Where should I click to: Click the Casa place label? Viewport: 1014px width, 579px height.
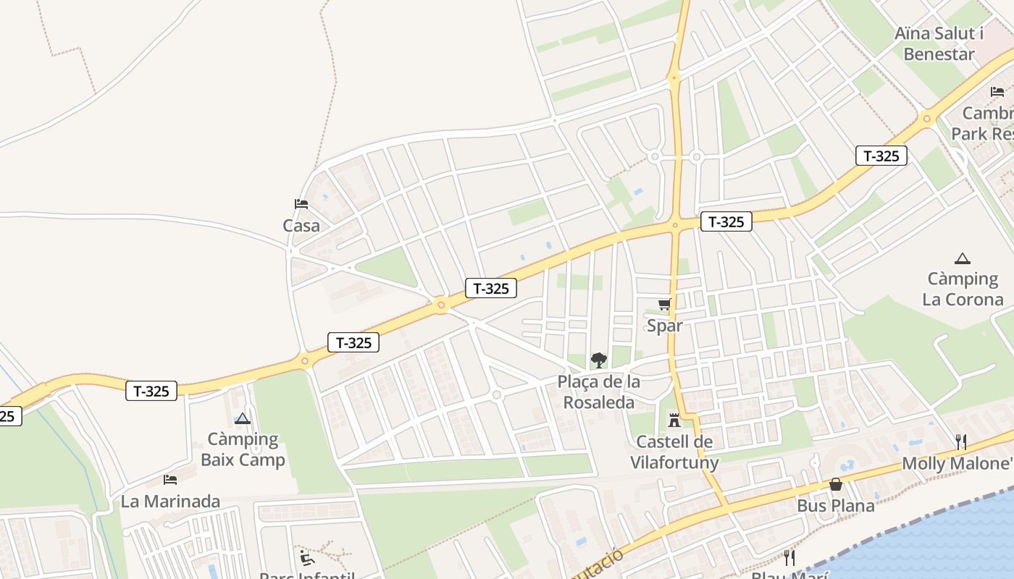(301, 226)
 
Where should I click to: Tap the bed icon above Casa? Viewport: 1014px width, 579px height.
(301, 204)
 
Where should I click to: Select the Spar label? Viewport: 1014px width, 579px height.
(664, 326)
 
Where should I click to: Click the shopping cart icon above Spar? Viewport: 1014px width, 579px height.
(664, 304)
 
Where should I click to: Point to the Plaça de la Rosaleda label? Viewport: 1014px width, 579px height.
(599, 392)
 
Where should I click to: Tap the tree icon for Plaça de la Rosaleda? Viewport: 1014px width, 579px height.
(598, 360)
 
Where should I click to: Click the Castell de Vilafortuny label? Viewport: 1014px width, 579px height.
(674, 452)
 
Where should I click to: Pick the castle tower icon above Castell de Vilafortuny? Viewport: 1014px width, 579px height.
(674, 419)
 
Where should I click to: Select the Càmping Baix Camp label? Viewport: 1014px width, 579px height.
(243, 449)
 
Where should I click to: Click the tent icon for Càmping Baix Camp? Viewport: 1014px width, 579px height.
(243, 418)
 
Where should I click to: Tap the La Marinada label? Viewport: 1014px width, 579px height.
(170, 501)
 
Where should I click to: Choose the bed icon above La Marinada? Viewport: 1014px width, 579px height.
(170, 479)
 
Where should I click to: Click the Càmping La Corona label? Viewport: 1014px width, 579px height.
(963, 289)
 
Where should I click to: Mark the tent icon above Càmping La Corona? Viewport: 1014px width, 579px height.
(963, 258)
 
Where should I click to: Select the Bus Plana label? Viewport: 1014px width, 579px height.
(836, 505)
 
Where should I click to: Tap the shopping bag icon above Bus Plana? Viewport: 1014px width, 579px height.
(836, 484)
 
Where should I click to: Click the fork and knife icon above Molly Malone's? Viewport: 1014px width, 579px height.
(961, 441)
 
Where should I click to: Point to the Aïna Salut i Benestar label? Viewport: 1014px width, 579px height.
(939, 43)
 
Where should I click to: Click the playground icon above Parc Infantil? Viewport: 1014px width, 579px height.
(307, 557)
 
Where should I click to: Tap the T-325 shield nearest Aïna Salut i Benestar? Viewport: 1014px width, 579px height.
(881, 156)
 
